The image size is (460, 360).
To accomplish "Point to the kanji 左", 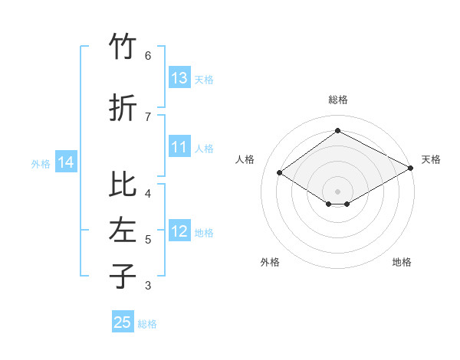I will click(x=123, y=231).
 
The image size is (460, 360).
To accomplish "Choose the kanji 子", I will click(x=123, y=276).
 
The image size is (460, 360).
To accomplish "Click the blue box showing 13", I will click(x=179, y=78).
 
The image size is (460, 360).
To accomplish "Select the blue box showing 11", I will click(x=179, y=147).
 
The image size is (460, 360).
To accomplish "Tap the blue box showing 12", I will click(x=179, y=231).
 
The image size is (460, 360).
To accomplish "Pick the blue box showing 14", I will click(x=66, y=162).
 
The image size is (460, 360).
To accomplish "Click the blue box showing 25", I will click(x=123, y=322).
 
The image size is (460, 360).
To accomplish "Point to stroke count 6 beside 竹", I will click(x=148, y=55).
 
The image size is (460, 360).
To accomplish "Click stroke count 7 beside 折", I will click(x=148, y=116).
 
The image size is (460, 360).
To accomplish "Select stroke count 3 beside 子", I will click(x=148, y=286).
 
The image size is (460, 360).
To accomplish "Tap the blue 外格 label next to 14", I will click(x=41, y=163).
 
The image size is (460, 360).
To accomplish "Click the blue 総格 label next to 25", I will click(x=147, y=324).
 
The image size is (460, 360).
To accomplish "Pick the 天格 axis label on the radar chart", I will click(x=431, y=159).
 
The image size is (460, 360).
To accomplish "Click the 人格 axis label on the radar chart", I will click(x=245, y=159).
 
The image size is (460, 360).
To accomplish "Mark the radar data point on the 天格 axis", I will click(x=411, y=169).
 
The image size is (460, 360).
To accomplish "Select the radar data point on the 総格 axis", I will click(x=337, y=131).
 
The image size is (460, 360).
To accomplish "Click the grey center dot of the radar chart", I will click(x=337, y=191).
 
